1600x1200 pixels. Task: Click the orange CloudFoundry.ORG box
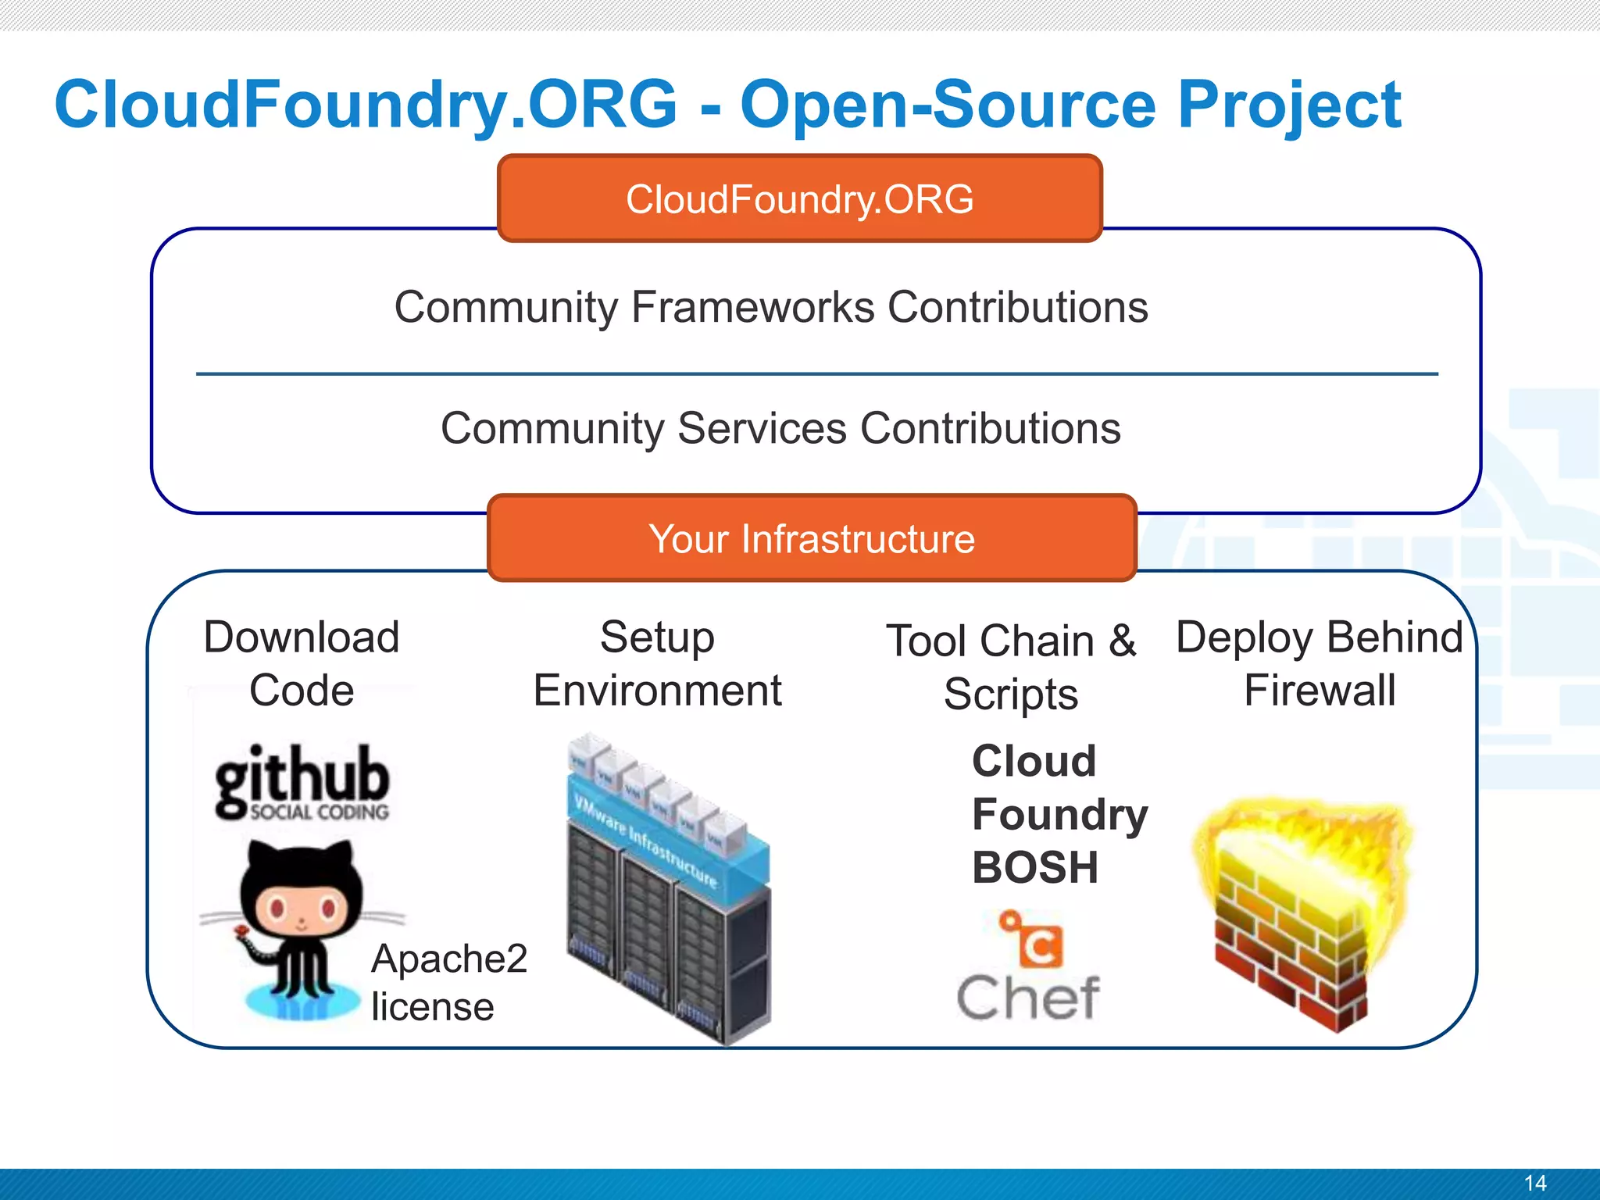[x=799, y=198]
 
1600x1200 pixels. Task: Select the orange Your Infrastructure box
[x=811, y=538]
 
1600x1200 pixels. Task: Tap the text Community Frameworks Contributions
[x=771, y=306]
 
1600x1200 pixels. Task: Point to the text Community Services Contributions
[x=780, y=428]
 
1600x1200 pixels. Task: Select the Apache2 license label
[x=448, y=982]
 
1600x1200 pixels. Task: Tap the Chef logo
[x=1028, y=969]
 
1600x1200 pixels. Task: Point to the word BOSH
[x=1034, y=867]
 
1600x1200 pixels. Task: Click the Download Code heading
[x=302, y=663]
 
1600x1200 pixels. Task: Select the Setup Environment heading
[x=657, y=663]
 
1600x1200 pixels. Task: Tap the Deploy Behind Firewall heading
[x=1320, y=663]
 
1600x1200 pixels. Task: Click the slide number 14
[x=1534, y=1183]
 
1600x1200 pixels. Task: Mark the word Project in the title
[x=1289, y=105]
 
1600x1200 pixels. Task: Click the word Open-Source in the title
[x=948, y=105]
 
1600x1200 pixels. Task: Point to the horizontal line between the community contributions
[x=816, y=374]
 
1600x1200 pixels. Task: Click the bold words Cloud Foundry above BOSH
[x=1058, y=787]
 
